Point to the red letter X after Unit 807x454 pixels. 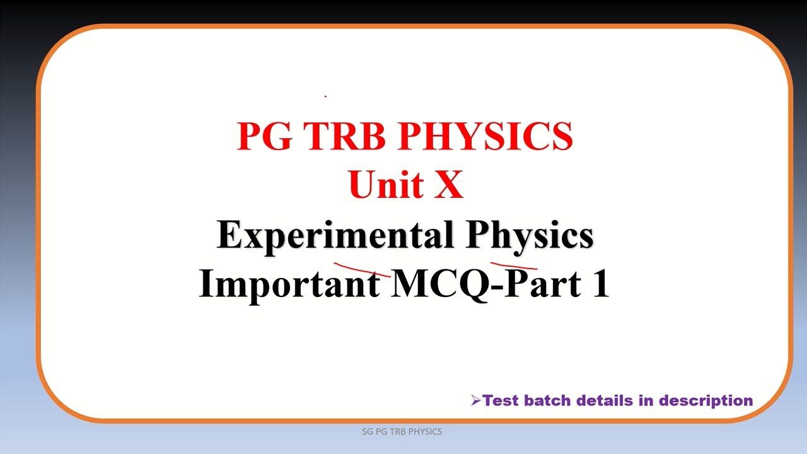(448, 185)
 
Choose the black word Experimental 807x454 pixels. (334, 236)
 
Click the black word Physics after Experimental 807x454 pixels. (530, 236)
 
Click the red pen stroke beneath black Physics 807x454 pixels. (513, 265)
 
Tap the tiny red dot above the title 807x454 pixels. (325, 96)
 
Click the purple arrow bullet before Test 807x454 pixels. (476, 400)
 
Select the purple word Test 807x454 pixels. (501, 400)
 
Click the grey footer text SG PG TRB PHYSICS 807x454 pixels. (402, 432)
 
